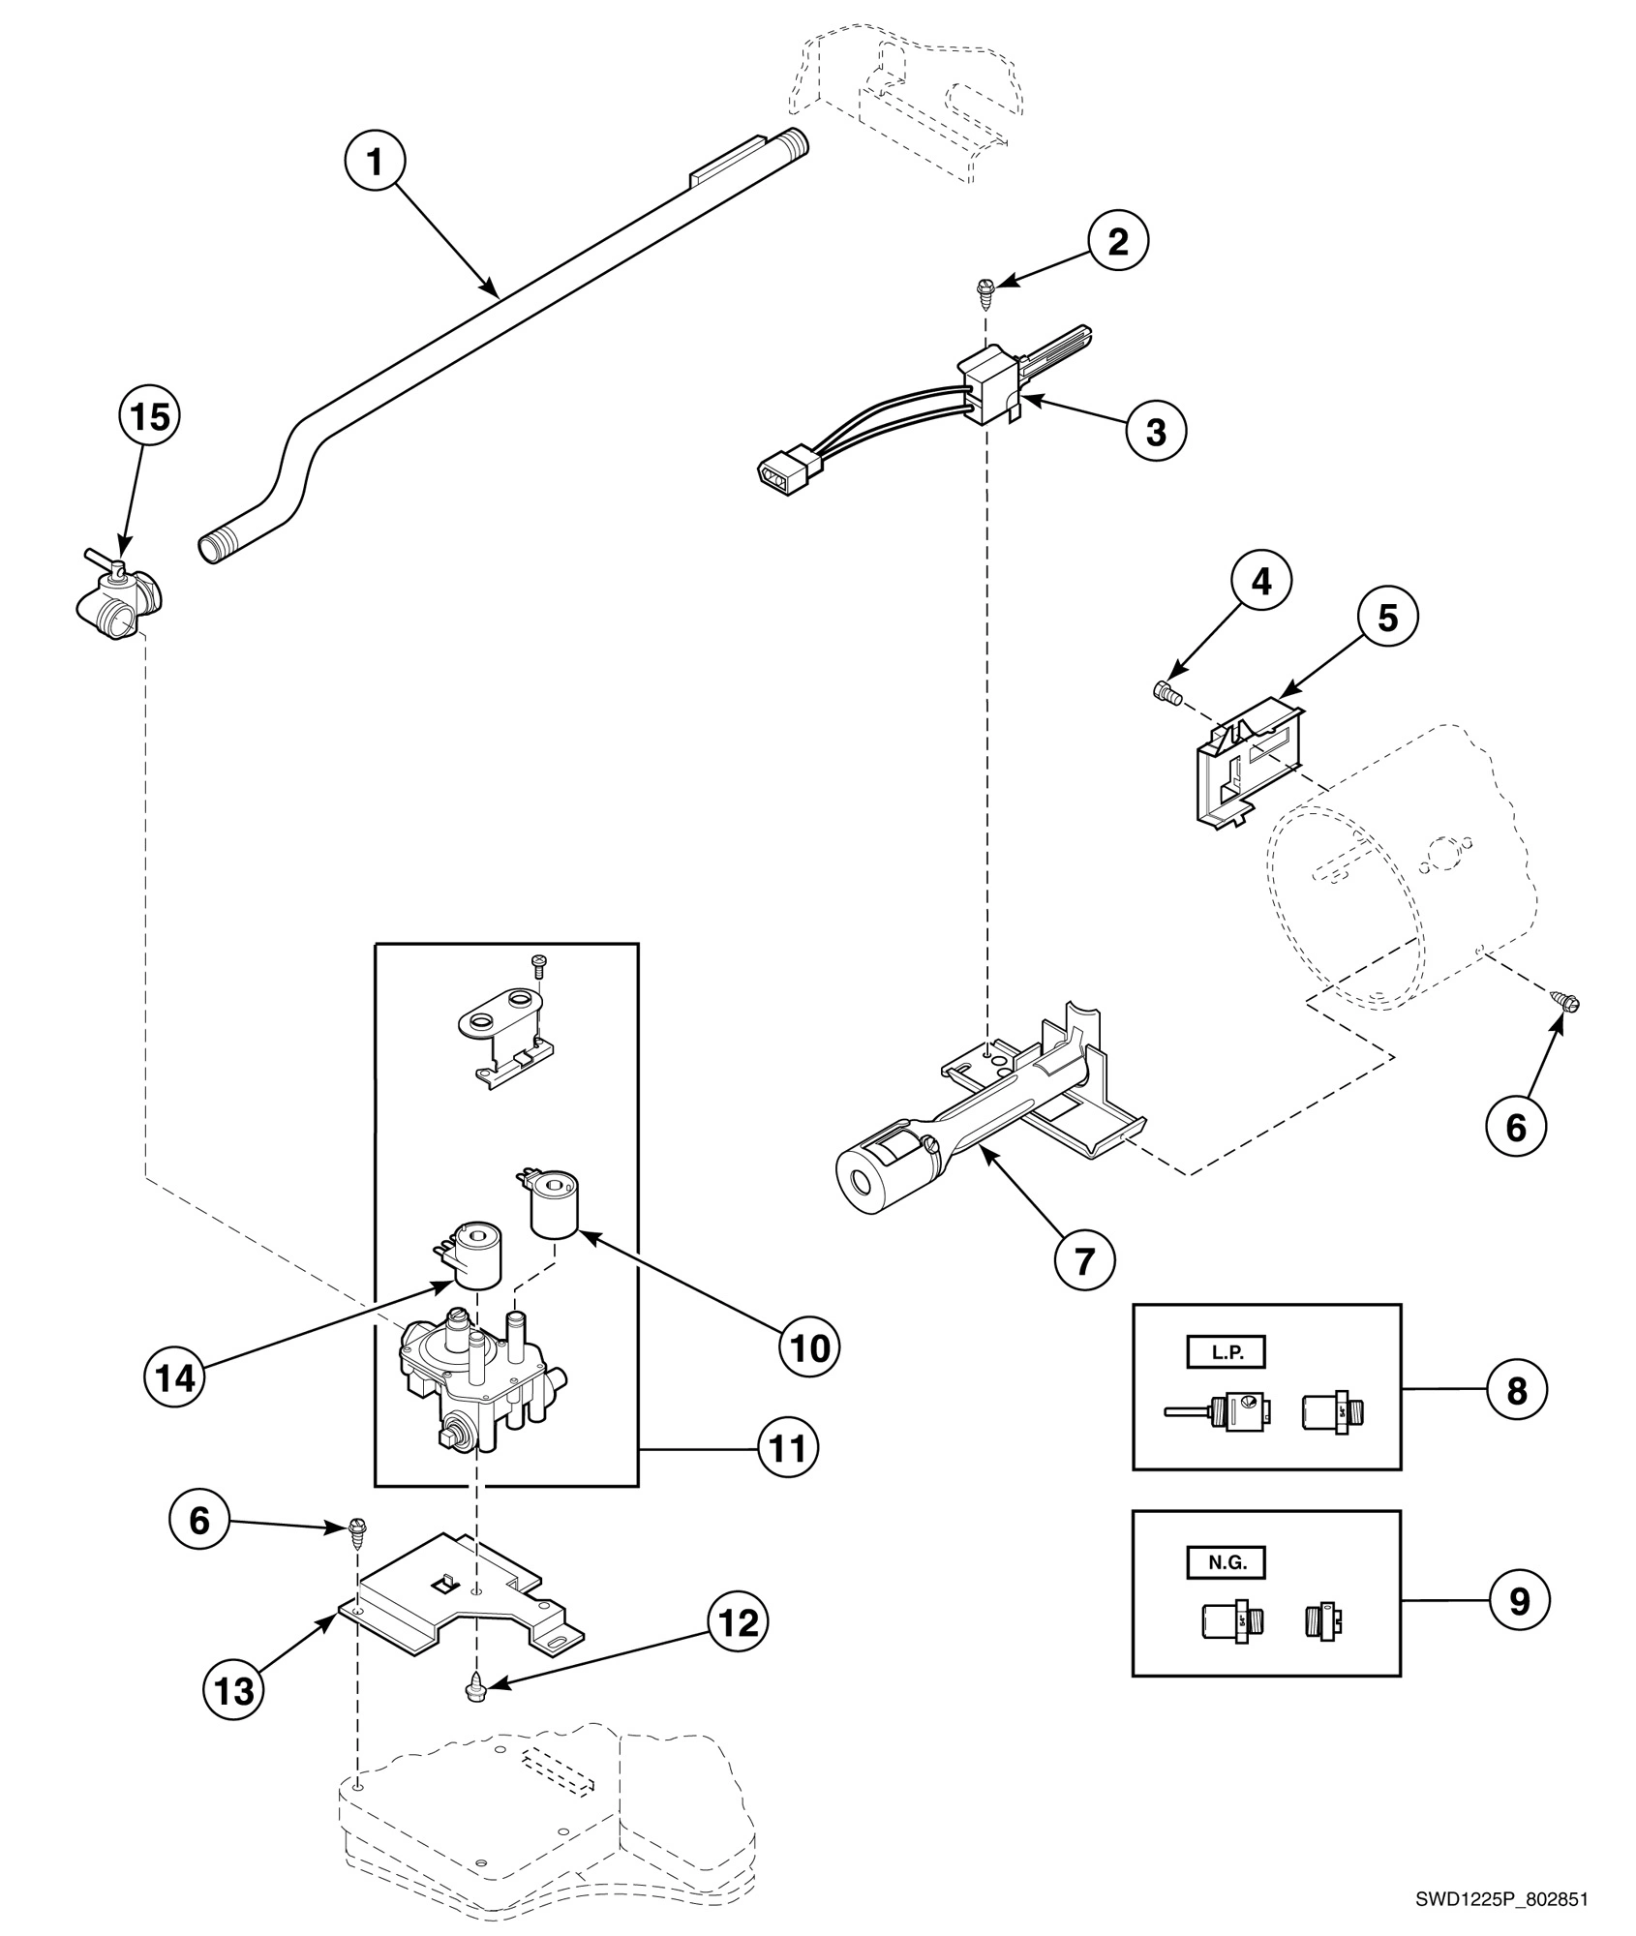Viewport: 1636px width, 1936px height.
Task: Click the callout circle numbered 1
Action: (x=375, y=162)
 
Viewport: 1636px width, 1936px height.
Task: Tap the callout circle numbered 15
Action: (x=149, y=417)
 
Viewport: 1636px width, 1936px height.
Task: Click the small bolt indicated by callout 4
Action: (x=1164, y=692)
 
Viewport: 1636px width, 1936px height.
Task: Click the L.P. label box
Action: (x=1227, y=1352)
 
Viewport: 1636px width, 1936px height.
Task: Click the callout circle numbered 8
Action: (x=1516, y=1390)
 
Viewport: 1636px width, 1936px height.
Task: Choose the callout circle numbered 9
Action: (x=1519, y=1600)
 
